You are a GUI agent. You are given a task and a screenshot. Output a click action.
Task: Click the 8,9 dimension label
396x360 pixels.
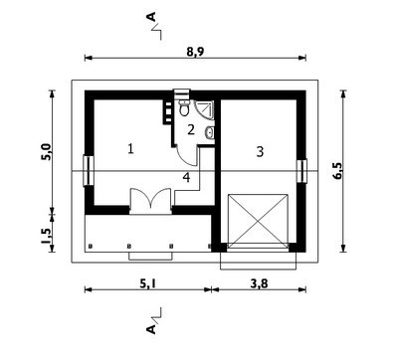click(195, 52)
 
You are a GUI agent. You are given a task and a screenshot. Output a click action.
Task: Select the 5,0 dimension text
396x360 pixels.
click(47, 152)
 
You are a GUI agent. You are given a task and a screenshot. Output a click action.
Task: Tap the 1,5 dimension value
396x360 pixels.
click(47, 236)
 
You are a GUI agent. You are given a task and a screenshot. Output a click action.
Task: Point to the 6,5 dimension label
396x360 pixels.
click(338, 171)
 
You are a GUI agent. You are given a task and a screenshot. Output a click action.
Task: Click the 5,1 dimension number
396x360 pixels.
click(147, 283)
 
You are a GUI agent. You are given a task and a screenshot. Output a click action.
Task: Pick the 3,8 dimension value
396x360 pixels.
click(259, 283)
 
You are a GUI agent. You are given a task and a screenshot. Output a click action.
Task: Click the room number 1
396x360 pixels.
click(131, 148)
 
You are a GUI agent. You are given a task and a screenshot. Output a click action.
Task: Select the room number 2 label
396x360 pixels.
click(191, 129)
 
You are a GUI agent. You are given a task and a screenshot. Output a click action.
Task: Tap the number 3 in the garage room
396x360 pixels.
click(260, 151)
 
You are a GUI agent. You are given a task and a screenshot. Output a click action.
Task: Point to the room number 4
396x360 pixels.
click(186, 177)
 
